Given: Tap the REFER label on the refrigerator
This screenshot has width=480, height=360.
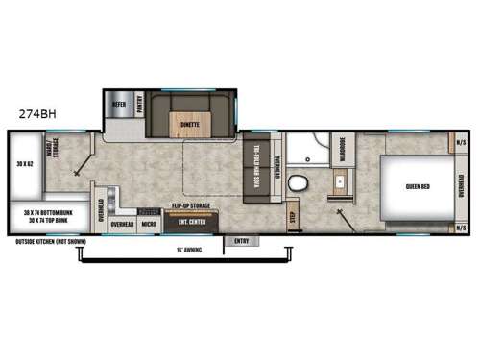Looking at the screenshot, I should click(119, 104).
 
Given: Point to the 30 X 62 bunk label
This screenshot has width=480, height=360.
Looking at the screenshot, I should click(22, 166).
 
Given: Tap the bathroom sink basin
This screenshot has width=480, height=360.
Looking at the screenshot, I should click(340, 181).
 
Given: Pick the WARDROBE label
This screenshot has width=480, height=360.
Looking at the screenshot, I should click(343, 151).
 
